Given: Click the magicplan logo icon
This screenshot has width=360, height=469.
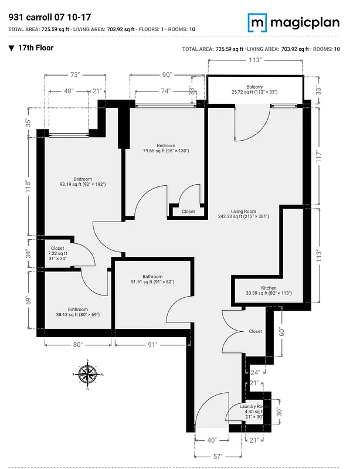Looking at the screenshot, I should [x=256, y=23].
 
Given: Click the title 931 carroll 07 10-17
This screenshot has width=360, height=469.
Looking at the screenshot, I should [x=46, y=18].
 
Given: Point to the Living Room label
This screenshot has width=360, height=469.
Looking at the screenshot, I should [x=243, y=212].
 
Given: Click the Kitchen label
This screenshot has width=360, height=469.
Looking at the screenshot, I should [x=269, y=288].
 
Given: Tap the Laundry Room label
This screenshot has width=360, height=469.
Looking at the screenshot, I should [x=254, y=407].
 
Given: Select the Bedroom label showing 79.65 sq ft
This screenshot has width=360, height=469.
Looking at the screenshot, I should [x=167, y=146].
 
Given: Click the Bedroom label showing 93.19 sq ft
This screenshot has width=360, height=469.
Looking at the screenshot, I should [x=83, y=179].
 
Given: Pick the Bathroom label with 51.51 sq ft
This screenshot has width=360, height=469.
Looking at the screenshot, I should [x=152, y=277].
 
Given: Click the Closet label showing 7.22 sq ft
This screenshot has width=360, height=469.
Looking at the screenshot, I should [x=58, y=249].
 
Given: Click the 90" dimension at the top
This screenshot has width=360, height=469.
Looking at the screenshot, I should [x=167, y=74].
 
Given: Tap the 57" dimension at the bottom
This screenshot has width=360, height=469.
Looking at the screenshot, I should [x=218, y=456].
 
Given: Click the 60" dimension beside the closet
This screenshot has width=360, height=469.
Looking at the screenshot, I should [x=282, y=331].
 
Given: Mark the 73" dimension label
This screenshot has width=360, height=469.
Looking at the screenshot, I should [x=74, y=74].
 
